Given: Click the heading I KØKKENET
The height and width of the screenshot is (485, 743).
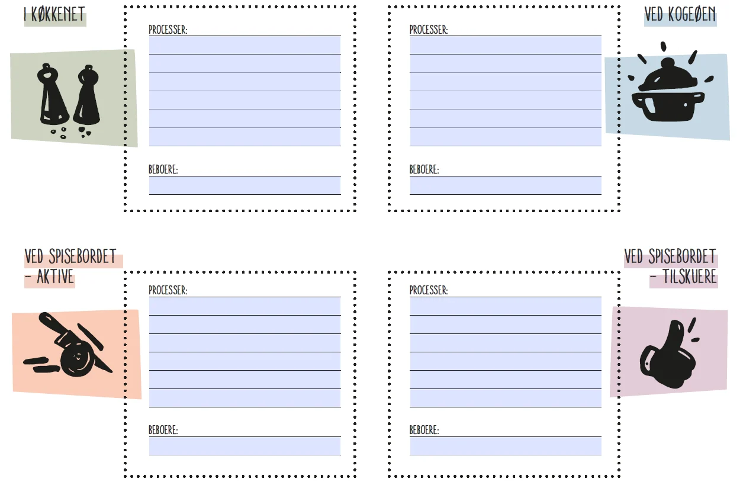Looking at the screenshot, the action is coord(54,15).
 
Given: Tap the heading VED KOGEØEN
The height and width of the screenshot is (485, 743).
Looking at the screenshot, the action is coord(680,15).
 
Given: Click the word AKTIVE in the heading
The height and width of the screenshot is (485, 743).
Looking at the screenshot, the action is coord(55,277).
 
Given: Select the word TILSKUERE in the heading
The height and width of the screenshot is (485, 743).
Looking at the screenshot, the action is coord(689,277).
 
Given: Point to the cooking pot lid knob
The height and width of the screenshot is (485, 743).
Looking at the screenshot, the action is coord(668,63).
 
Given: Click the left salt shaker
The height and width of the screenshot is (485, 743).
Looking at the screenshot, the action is coord(53,95).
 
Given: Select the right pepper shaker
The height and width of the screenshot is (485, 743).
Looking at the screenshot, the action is coord(87,95).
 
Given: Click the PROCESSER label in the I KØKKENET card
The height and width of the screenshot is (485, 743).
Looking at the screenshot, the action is coord(168,30).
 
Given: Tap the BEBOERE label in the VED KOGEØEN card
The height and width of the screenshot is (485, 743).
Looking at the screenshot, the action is coord(424,169).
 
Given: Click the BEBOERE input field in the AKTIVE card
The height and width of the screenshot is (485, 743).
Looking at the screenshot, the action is coord(245,446).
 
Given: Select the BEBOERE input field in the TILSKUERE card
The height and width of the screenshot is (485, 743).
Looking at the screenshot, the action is coord(506,446).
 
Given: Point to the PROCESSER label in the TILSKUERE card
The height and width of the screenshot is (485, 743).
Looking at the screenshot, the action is coord(429,290).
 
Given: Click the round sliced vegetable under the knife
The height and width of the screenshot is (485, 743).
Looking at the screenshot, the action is coord(77,359).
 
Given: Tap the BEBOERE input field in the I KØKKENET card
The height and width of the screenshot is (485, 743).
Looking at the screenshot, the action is coord(245,185).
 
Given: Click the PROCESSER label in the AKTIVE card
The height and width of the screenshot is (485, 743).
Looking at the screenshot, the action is coord(168,290).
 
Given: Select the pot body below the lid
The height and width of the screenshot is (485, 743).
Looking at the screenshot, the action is coord(668,106).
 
